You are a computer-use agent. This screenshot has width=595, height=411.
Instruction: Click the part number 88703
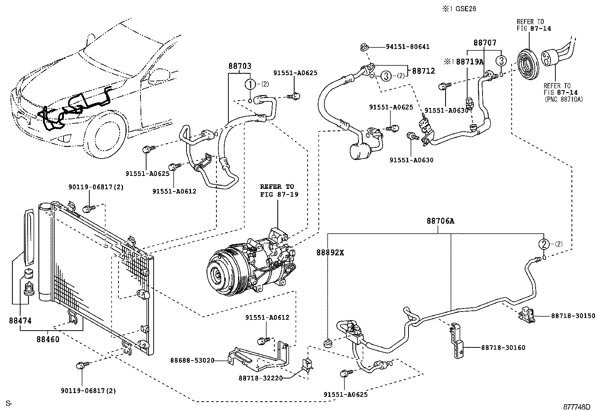click(x=240, y=67)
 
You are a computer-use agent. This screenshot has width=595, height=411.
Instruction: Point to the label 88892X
click(x=330, y=252)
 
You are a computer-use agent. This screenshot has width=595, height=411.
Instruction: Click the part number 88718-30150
click(x=573, y=316)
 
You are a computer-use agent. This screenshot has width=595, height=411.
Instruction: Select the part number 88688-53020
click(x=192, y=361)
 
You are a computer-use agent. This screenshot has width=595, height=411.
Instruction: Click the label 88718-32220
click(x=260, y=378)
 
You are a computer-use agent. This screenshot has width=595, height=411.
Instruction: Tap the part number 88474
click(x=20, y=321)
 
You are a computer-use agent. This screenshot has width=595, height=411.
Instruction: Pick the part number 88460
click(x=48, y=340)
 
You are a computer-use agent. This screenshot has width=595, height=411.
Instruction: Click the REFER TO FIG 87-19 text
click(x=279, y=190)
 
